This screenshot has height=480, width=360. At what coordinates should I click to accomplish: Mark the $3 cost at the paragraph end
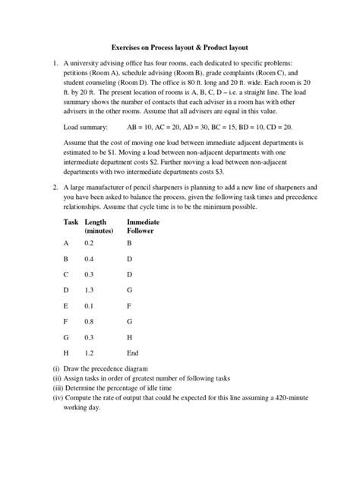coord(244,171)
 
